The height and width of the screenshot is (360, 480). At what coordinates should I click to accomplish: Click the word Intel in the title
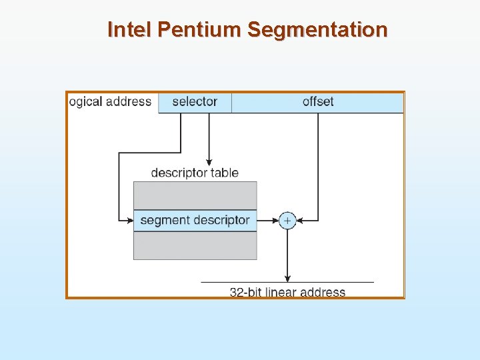coord(131,30)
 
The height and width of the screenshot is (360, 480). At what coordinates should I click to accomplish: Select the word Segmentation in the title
coord(317,30)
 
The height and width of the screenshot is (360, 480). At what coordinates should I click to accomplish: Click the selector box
coord(195,102)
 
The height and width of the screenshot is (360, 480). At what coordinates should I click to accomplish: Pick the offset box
coord(317,102)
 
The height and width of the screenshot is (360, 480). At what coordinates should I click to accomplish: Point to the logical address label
coord(111,102)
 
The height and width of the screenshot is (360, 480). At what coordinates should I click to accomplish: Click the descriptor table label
coord(195,173)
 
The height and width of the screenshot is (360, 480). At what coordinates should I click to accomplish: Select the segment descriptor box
coord(195,220)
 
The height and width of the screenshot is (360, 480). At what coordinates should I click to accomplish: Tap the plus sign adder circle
coord(287,220)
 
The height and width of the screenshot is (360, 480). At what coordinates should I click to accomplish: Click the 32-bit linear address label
coord(287,292)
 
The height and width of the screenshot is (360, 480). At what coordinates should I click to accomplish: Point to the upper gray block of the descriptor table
coord(195,195)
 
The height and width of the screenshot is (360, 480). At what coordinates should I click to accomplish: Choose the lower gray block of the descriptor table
coord(195,245)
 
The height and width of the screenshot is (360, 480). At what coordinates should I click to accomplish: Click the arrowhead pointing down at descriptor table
coord(209,161)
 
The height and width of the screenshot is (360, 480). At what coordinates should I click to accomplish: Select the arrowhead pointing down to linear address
coord(287,278)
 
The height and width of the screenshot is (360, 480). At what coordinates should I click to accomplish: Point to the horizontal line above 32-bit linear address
coord(287,283)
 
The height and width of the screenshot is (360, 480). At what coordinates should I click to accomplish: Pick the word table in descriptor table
coord(225,173)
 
